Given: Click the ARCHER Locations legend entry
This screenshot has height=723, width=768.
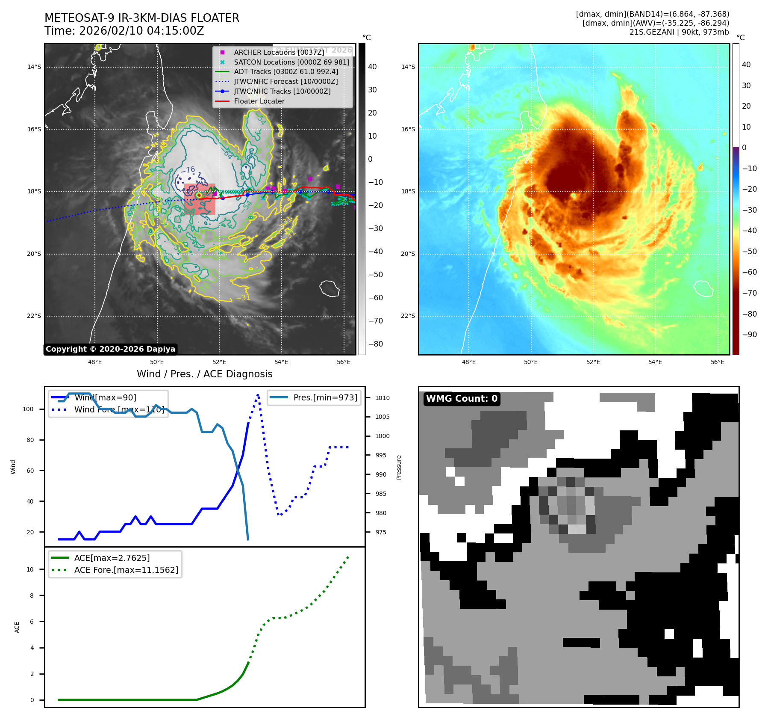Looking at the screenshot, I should (x=279, y=52).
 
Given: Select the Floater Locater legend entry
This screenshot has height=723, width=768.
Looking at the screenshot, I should (x=259, y=101).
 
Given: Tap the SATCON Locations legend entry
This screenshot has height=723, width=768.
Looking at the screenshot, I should (x=291, y=62).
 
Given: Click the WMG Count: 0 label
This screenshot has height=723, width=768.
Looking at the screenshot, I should (x=462, y=399).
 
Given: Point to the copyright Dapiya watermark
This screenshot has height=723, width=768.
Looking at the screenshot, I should (x=110, y=349).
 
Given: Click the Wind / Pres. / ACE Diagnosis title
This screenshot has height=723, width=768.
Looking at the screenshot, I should (x=204, y=374).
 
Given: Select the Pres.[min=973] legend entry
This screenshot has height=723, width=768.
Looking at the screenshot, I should (x=325, y=397).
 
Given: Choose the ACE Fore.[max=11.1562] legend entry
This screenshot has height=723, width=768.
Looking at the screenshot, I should (x=126, y=570).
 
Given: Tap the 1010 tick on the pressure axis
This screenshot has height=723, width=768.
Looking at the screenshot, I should (x=382, y=398).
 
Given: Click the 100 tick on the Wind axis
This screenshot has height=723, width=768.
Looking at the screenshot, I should (x=28, y=409).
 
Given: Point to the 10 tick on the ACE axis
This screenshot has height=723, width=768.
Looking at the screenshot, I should (x=30, y=569).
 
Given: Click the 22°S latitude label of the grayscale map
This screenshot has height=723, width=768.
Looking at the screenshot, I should (x=34, y=316).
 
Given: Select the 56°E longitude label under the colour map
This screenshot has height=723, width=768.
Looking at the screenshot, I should (x=717, y=362).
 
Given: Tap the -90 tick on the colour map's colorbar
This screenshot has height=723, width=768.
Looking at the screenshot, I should (x=749, y=335).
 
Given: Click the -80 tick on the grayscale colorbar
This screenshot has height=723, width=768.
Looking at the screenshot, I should (x=375, y=344).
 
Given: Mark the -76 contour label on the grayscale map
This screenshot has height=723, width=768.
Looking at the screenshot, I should (x=188, y=170).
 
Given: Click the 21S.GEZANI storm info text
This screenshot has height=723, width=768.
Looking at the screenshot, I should (x=679, y=32).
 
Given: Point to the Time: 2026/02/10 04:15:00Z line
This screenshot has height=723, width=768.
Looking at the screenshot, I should (x=124, y=31).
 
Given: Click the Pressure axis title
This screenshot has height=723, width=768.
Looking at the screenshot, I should (x=399, y=467).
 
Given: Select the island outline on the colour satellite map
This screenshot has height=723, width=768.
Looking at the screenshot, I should (x=703, y=288).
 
